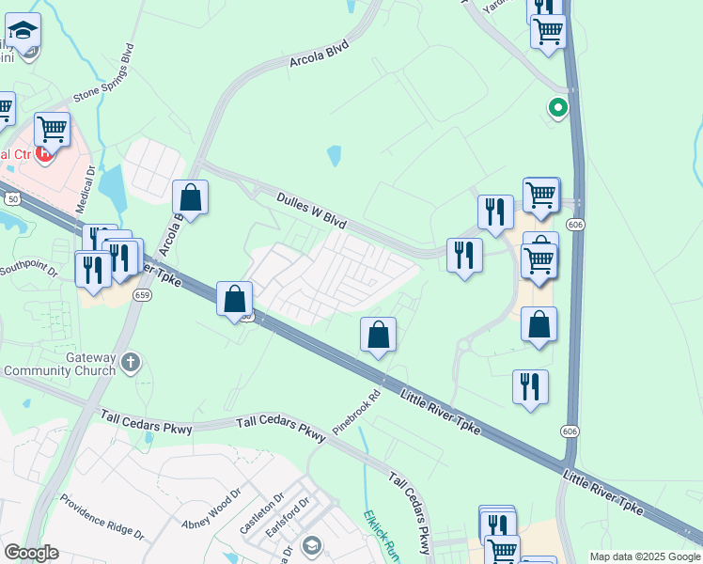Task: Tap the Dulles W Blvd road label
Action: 312,210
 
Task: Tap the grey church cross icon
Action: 131,362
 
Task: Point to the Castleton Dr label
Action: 260,514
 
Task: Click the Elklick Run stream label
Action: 382,536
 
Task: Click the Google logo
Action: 31,553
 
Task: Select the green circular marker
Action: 558,109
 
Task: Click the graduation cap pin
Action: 23,31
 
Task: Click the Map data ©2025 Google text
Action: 644,556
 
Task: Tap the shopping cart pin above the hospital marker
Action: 52,128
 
